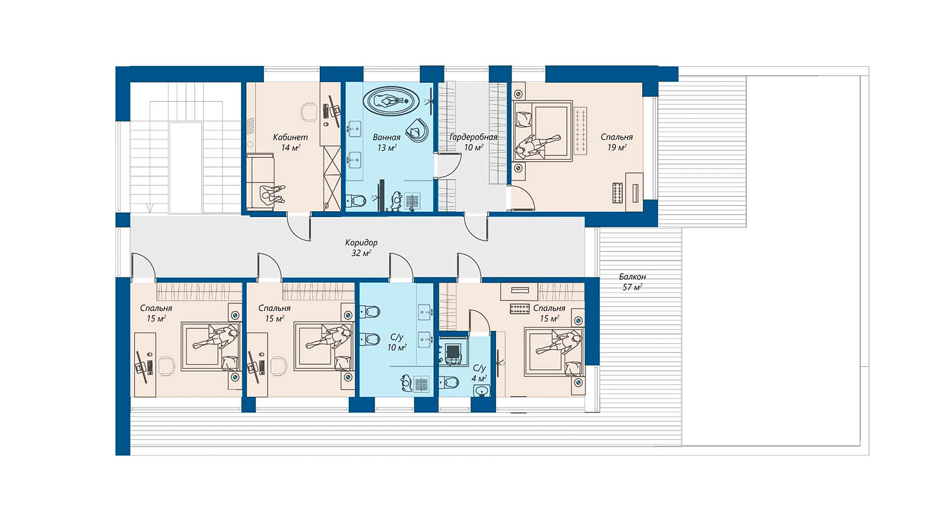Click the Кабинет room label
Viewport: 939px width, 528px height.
click(x=290, y=137)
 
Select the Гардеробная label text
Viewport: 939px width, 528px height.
click(x=473, y=137)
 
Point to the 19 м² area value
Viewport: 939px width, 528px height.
click(x=617, y=147)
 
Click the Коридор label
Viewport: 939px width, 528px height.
click(x=362, y=243)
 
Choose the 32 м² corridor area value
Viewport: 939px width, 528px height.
click(x=362, y=253)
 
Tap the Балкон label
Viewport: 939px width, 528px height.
click(x=632, y=276)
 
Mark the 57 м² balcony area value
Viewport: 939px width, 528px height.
click(x=632, y=287)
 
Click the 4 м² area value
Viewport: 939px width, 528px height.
click(x=479, y=378)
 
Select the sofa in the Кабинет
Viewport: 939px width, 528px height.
click(x=260, y=182)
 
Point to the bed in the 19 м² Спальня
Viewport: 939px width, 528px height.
click(x=542, y=130)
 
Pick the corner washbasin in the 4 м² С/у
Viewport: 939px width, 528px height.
click(x=482, y=391)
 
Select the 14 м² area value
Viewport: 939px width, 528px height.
click(x=290, y=147)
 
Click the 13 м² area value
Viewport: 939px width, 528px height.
click(x=387, y=147)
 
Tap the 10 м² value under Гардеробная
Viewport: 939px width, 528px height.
click(x=473, y=147)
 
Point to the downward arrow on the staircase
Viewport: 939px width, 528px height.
click(x=150, y=208)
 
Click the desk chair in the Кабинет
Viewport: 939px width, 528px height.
click(x=309, y=111)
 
